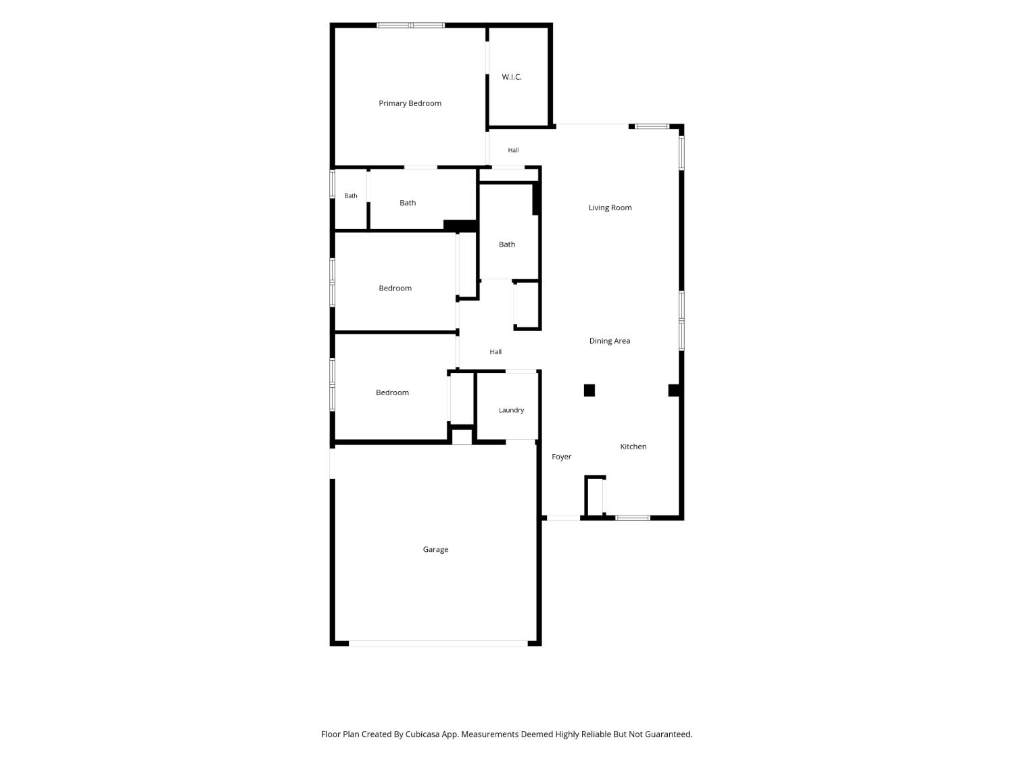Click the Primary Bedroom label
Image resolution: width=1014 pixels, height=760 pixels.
[x=410, y=103]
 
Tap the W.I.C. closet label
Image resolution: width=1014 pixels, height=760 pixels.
[x=511, y=77]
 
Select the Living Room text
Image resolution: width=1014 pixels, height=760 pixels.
[x=610, y=207]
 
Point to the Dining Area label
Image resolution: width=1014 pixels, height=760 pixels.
[x=609, y=341]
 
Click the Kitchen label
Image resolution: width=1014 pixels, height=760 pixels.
[x=633, y=447]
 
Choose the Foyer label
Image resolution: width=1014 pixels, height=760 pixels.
[x=561, y=457]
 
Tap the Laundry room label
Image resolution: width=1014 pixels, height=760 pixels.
[x=511, y=410]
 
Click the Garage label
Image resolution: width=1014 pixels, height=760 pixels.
[x=435, y=550]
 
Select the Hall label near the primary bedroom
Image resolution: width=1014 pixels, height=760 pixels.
[x=513, y=150]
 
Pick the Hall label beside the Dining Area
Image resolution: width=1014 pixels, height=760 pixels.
[x=496, y=351]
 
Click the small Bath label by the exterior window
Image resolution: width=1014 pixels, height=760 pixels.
[x=351, y=196]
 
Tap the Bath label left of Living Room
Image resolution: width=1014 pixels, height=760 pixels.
[x=507, y=245]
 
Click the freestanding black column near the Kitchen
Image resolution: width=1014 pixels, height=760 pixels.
[x=589, y=390]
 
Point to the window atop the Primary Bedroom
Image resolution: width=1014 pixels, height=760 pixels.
[x=410, y=26]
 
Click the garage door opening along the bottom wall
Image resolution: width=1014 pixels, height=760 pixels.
[x=438, y=643]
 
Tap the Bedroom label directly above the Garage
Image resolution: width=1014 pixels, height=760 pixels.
[x=392, y=392]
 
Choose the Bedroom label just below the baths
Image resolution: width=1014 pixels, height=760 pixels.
[x=395, y=288]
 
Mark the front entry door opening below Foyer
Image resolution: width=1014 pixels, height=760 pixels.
[x=563, y=518]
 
